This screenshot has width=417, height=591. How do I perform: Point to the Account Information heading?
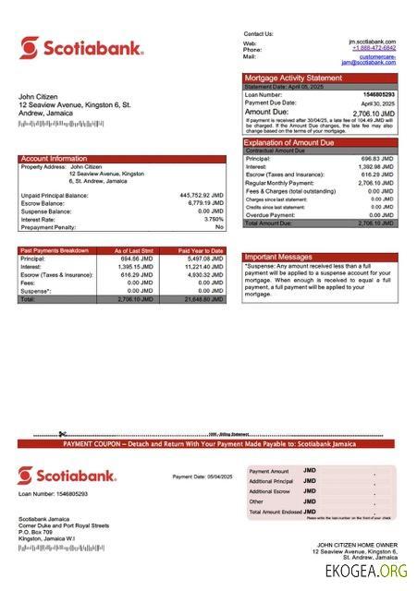pos(55,159)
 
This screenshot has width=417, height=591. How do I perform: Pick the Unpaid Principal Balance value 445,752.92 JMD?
pos(202,196)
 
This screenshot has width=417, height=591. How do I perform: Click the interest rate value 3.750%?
pos(214,219)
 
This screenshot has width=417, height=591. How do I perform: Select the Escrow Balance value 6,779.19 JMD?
pos(204,203)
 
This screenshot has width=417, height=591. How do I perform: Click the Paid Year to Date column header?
pos(201,250)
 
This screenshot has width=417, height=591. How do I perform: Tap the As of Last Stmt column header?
pos(135,250)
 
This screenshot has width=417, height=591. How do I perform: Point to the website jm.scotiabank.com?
pos(378,42)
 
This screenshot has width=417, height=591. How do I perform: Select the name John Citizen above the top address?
pos(39,97)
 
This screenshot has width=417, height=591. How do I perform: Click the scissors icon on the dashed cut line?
pos(62,434)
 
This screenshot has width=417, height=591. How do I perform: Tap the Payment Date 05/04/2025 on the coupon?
pos(202,476)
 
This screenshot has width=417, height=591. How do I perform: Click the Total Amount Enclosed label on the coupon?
pos(275,512)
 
